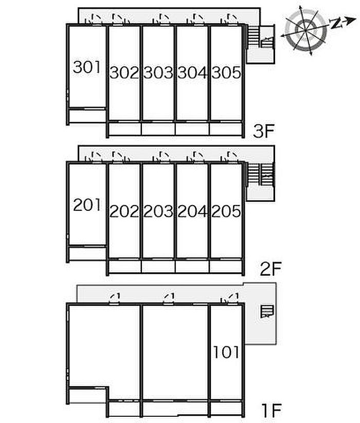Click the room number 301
click(x=86, y=67)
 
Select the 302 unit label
click(x=124, y=72)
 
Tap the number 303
click(x=158, y=72)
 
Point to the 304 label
click(x=192, y=72)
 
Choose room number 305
click(x=226, y=72)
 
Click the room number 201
click(x=86, y=205)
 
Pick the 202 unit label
click(x=124, y=211)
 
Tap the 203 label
click(x=158, y=211)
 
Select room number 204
click(x=192, y=211)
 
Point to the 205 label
click(x=226, y=211)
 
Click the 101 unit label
click(x=226, y=352)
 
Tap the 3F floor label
click(x=264, y=131)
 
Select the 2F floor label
click(x=271, y=269)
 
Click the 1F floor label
click(x=272, y=410)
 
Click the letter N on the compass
click(x=336, y=24)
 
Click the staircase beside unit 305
click(x=261, y=37)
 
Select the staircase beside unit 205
click(x=261, y=174)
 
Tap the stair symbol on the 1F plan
click(x=267, y=311)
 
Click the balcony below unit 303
click(x=158, y=129)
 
